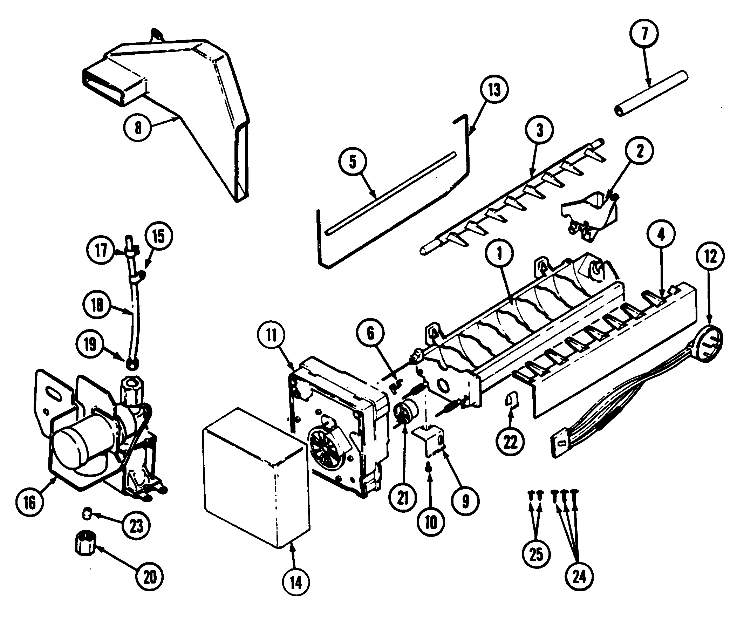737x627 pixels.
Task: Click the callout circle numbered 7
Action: [x=643, y=33]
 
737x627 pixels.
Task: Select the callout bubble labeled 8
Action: [x=138, y=127]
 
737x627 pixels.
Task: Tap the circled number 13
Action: [x=494, y=90]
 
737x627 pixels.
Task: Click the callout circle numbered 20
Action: [x=150, y=577]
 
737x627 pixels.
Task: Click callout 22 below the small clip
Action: [x=510, y=442]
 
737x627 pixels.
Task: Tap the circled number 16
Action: [x=30, y=502]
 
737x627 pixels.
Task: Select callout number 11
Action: [x=272, y=335]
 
